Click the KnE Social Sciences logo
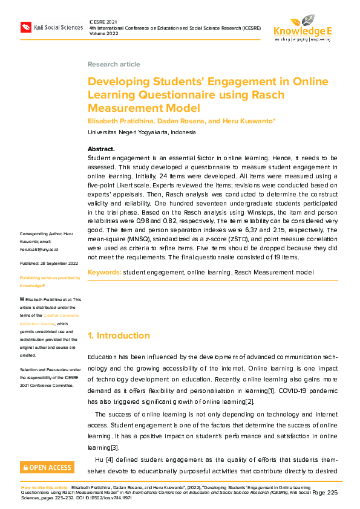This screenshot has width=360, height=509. (51, 27)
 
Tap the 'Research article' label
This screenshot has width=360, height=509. (114, 64)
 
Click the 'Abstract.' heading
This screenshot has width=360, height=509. (101, 149)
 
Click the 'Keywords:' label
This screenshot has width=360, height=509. (104, 272)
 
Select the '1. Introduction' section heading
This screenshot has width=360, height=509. (119, 336)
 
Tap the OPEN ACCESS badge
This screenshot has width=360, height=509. (47, 467)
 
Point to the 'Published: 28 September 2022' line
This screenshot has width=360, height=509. (49, 264)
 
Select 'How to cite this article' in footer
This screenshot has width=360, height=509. (45, 487)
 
